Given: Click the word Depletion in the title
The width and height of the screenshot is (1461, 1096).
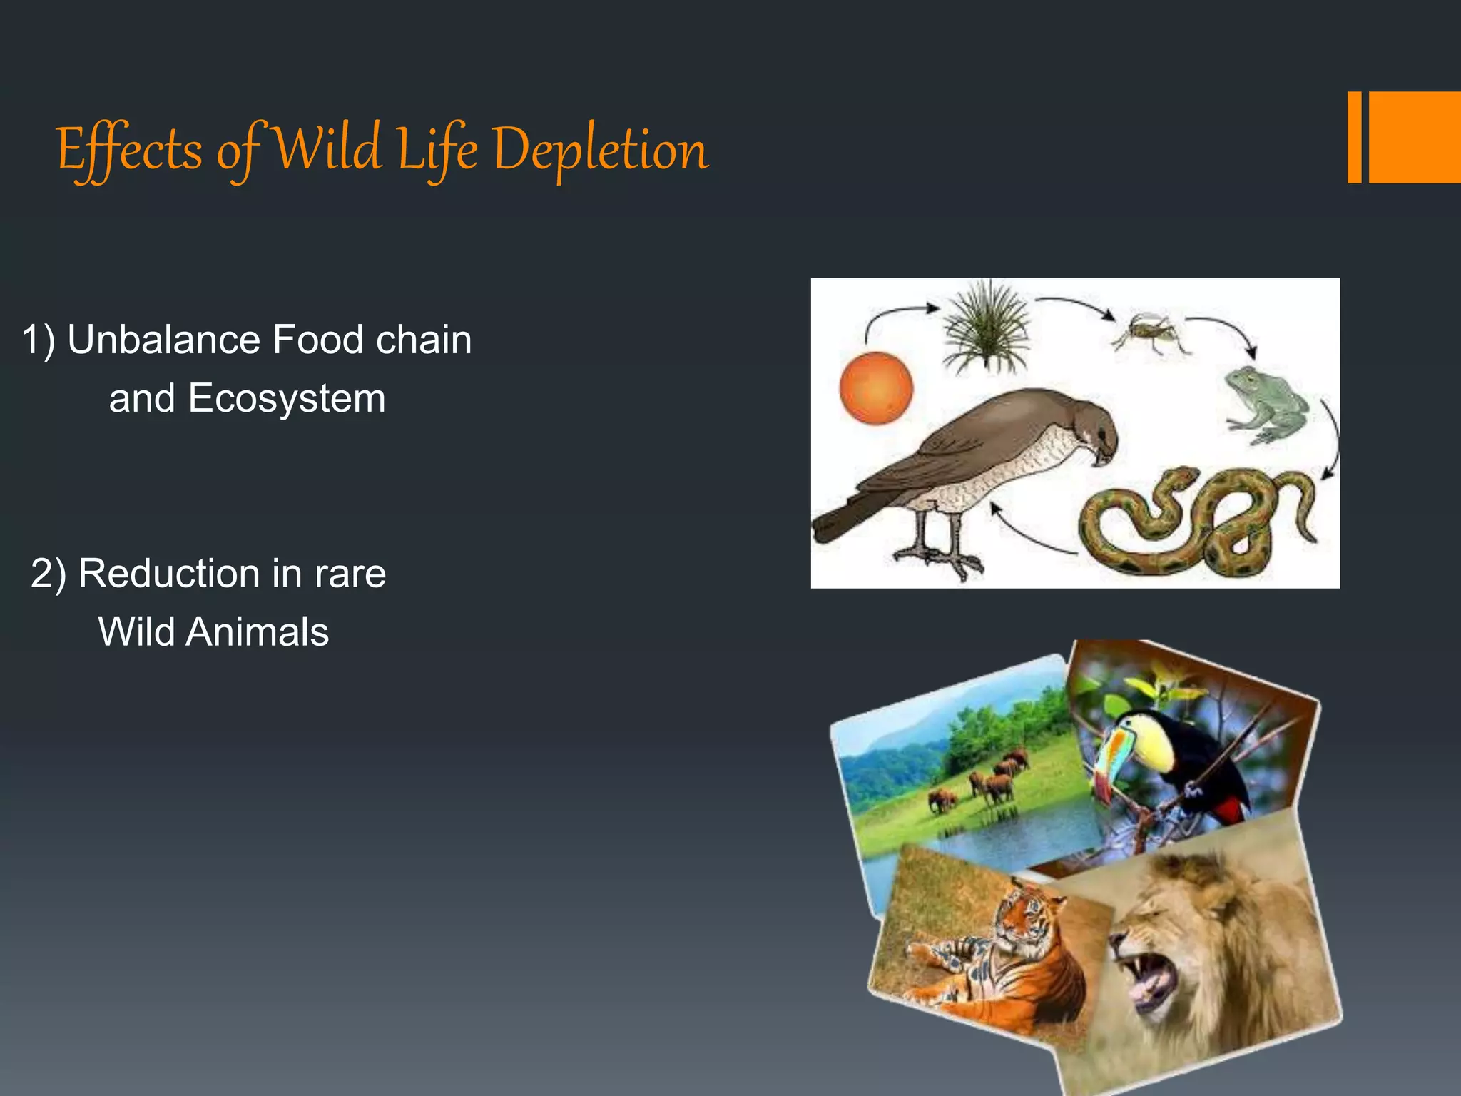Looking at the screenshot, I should pos(601,151).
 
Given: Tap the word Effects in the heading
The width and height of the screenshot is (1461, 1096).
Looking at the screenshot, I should pos(129,151).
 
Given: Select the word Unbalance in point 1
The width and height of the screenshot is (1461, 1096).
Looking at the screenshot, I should pos(163,340).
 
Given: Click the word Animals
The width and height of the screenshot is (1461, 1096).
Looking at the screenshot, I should pos(257,632).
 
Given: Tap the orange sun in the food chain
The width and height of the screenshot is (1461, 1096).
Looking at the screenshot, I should pos(876,388).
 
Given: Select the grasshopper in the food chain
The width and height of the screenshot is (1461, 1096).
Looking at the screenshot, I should pos(1151,333).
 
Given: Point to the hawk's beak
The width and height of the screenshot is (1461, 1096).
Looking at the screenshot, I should pos(1104,453).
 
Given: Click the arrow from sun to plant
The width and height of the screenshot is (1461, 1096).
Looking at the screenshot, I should pos(895,318).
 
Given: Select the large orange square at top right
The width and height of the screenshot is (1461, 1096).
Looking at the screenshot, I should pos(1415,137).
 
